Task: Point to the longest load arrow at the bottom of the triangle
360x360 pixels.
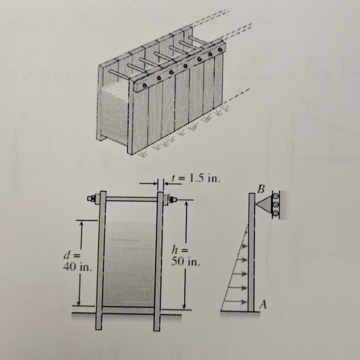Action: tap(235, 302)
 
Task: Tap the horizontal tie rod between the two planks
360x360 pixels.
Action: tap(131, 198)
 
